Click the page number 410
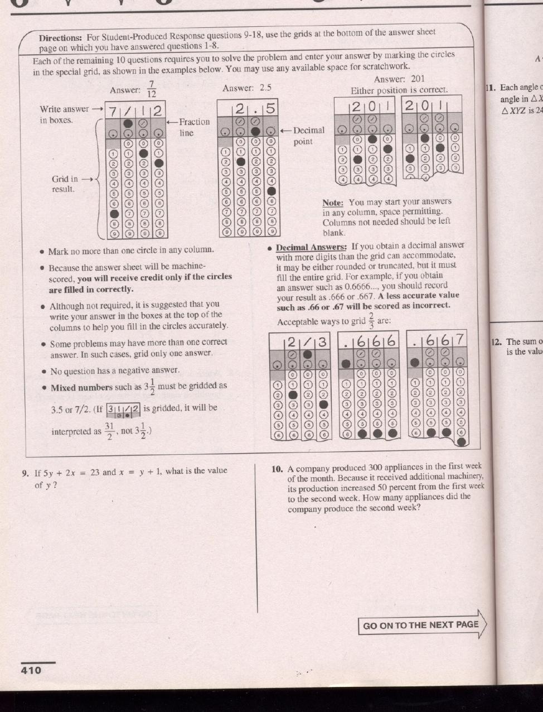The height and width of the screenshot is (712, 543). click(x=31, y=670)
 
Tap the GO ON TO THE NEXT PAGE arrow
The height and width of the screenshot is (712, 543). click(x=422, y=625)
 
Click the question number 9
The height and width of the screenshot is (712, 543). click(x=25, y=474)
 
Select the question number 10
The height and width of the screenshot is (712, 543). click(x=278, y=469)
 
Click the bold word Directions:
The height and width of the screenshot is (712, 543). click(x=60, y=38)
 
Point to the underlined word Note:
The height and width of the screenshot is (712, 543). click(x=333, y=203)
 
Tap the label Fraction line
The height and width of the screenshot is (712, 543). click(x=193, y=127)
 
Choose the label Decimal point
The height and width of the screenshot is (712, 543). click(x=308, y=136)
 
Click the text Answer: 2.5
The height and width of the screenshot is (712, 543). click(x=246, y=88)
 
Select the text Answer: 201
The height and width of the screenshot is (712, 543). click(x=399, y=79)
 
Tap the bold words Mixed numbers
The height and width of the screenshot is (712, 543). click(x=81, y=388)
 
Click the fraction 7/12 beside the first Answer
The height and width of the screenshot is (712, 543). click(x=151, y=89)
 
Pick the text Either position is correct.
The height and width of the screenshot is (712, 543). click(x=399, y=90)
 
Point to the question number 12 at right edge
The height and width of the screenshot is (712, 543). click(x=495, y=341)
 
